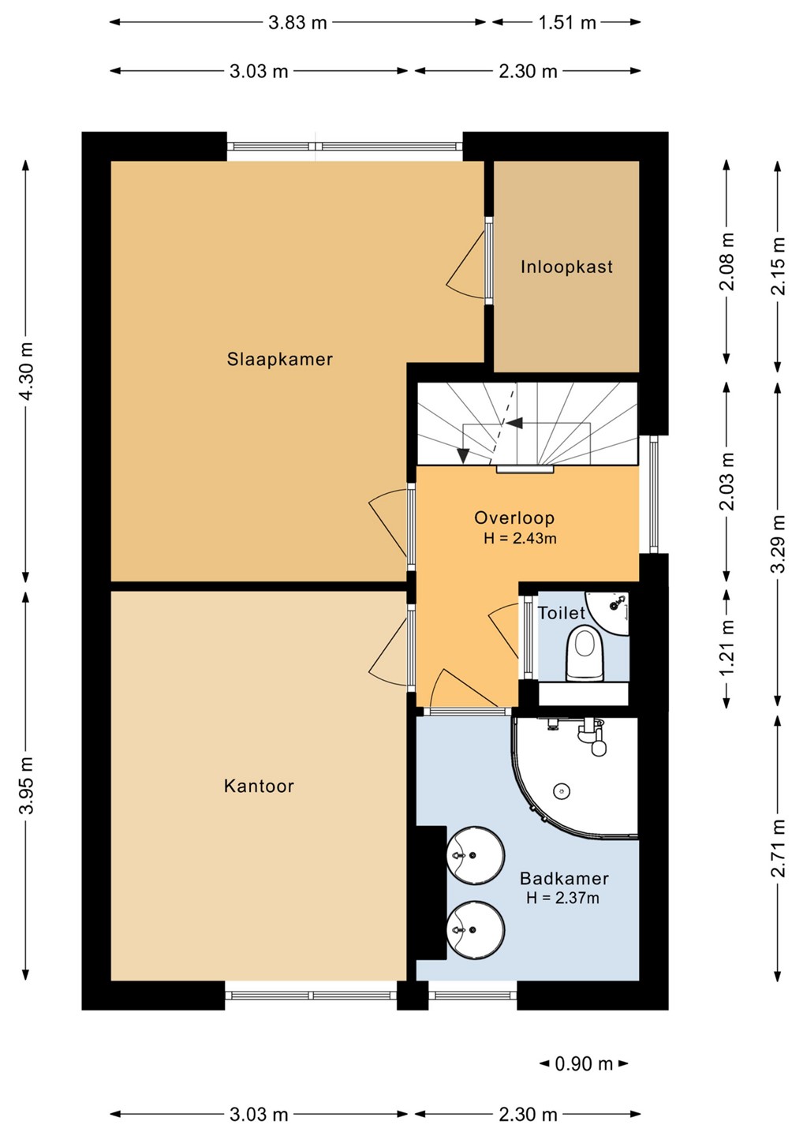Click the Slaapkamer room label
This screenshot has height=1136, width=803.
(279, 360)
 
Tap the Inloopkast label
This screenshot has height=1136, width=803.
(567, 267)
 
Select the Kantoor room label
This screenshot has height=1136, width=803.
(259, 786)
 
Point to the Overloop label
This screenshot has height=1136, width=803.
(514, 518)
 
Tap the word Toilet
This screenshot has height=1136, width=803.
(561, 613)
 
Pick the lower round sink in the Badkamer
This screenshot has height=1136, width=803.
(476, 929)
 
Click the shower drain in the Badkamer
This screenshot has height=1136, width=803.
(561, 790)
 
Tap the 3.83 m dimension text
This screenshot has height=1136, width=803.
(297, 23)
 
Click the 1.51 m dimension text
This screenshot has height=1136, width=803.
(567, 23)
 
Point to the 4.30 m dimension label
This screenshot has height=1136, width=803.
(26, 372)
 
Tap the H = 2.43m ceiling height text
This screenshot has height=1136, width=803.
(520, 538)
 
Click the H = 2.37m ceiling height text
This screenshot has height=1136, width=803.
(562, 898)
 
